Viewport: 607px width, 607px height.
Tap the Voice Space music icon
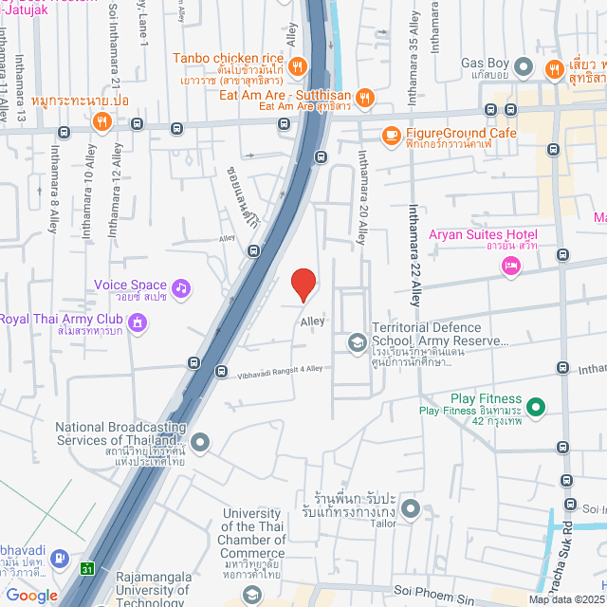[181, 285]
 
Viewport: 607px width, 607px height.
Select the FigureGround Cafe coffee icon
[390, 135]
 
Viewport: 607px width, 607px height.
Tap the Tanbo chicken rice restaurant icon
[297, 65]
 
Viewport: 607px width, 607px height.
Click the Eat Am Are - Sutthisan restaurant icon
[364, 96]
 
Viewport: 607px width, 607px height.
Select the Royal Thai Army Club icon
[138, 323]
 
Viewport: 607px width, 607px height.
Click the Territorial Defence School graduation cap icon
[357, 341]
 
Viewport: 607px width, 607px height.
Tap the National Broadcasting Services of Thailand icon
[200, 441]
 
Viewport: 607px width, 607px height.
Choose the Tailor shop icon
[410, 510]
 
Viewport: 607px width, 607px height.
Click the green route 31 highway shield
[87, 568]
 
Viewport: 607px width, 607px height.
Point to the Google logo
[31, 595]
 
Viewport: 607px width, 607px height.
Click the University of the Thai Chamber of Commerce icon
[252, 595]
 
